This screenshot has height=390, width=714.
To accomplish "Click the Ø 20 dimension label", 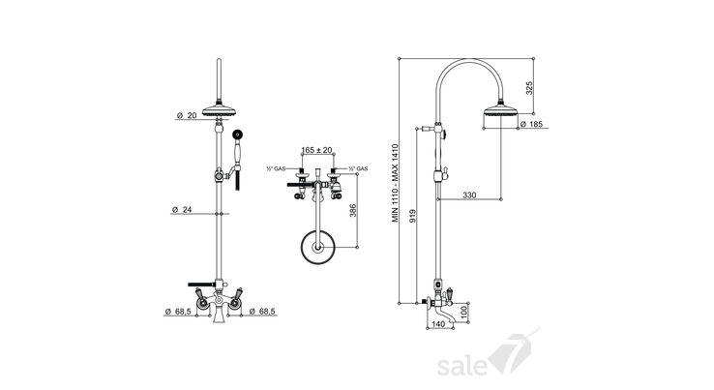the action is pos(187,116).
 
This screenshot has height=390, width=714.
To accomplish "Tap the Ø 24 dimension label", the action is pos(182,210).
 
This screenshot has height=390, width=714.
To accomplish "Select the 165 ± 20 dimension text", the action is pos(317,150).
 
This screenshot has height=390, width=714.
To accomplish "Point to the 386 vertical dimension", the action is pos(353,210).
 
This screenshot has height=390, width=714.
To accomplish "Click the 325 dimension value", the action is pos(529,88).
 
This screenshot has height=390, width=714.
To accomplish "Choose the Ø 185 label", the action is pos(531,124).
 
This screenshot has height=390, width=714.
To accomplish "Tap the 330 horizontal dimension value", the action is pos(469,195).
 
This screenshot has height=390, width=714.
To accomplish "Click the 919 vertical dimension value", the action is pos(412,216).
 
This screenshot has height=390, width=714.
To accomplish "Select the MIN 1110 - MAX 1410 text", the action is pos(396,183).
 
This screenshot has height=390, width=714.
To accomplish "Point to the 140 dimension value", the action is pos(437,324).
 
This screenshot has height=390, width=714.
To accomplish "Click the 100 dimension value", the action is pos(464,313).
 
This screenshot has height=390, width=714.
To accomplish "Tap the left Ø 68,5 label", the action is pos(178,312).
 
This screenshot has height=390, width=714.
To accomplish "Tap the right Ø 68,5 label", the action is pos(262,312).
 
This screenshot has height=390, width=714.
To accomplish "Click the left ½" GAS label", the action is pos(276,169).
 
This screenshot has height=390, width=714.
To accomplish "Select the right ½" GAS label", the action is pos(358,169).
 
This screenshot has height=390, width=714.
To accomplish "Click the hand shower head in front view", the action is pos(237,135).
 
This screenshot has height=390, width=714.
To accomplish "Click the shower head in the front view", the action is pos(219,109).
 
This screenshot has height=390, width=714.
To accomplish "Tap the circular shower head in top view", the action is pos(318,248).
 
